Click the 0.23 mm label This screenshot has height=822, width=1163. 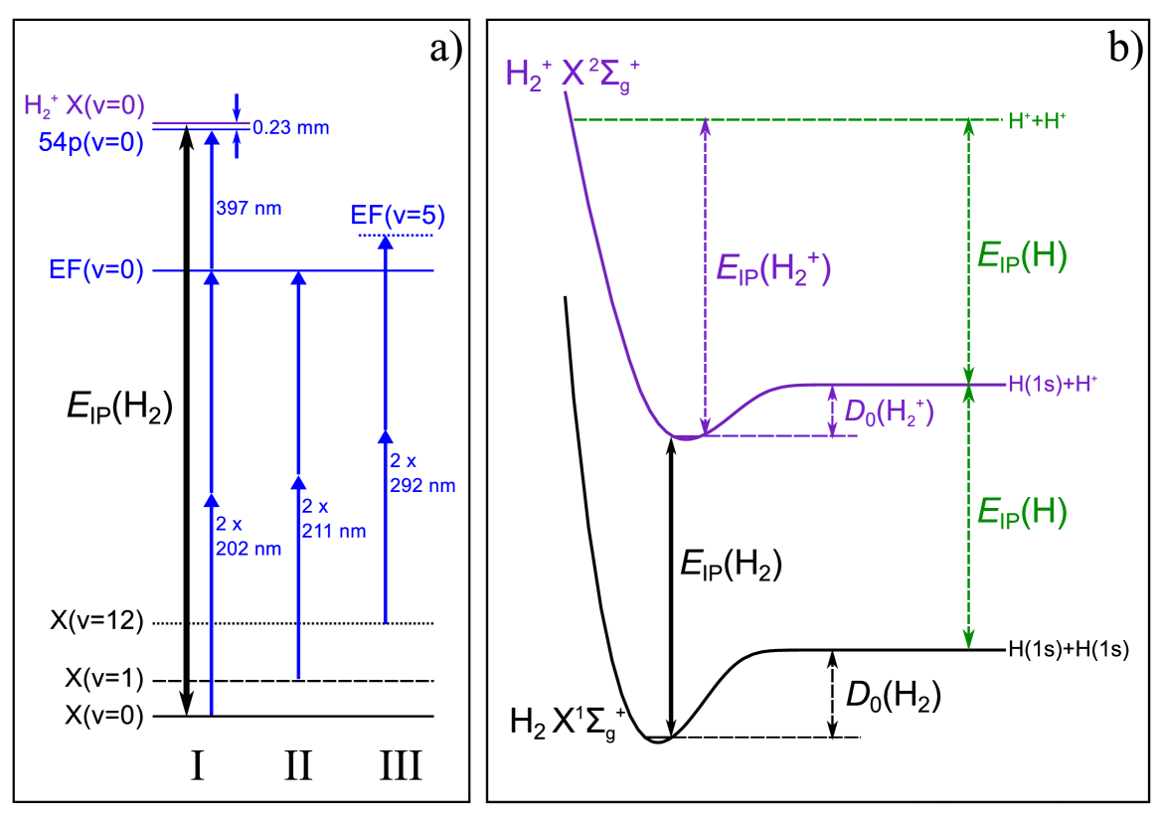click(290, 128)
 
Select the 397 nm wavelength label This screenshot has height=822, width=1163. click(249, 209)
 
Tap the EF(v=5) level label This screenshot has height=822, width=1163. click(398, 216)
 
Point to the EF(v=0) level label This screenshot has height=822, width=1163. click(96, 269)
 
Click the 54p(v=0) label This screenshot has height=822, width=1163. click(91, 143)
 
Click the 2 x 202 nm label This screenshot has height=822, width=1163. click(249, 537)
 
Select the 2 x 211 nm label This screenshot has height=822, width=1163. click(333, 519)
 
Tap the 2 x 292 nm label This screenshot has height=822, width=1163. click(422, 473)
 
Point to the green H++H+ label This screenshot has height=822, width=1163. click(1037, 121)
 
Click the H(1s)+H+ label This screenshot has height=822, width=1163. click(1052, 385)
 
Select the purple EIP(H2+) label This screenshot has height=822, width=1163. click(772, 269)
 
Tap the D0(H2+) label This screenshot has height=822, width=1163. click(889, 411)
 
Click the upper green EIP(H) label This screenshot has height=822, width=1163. click(1021, 256)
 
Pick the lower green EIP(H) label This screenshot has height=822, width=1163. click(1021, 512)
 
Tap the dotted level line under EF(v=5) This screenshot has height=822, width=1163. click(396, 236)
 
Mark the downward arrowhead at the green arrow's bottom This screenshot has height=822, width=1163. click(968, 639)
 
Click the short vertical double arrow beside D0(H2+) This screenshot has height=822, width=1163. click(832, 411)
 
